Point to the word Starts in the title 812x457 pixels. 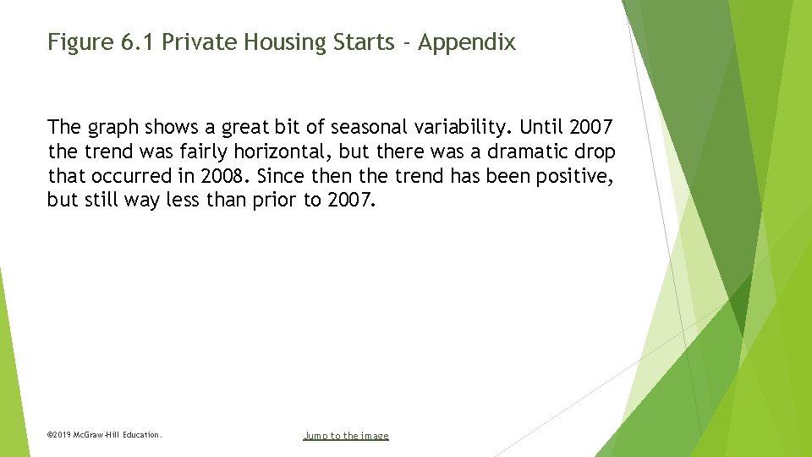coord(359,42)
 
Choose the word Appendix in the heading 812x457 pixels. coord(467,42)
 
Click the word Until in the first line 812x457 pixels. coord(541,128)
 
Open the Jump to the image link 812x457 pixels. coord(346,436)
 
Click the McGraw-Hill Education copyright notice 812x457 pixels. coord(104,435)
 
